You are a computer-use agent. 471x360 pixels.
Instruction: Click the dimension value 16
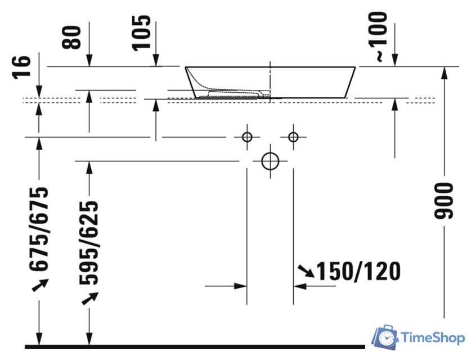click(x=21, y=67)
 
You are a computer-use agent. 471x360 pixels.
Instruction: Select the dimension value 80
click(x=71, y=38)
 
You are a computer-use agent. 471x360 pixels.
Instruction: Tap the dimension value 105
click(x=141, y=33)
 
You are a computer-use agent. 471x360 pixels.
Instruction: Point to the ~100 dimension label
click(x=378, y=37)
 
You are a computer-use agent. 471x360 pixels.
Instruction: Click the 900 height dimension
click(x=443, y=201)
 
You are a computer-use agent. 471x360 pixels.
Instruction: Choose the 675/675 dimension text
click(x=39, y=229)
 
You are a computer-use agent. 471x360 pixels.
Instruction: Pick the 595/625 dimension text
click(x=89, y=243)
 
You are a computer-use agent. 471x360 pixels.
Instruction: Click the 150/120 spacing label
click(x=358, y=272)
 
